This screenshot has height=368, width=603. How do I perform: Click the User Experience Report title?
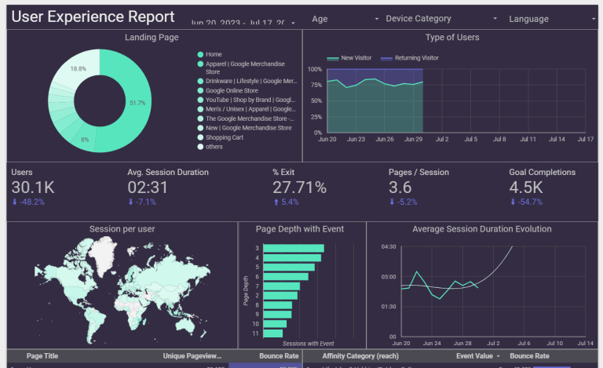(93, 16)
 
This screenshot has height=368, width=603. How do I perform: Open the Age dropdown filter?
(345, 19)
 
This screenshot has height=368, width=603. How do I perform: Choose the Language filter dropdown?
(550, 19)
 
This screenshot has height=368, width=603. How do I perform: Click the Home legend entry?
(214, 54)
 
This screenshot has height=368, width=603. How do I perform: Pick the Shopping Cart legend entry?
(225, 137)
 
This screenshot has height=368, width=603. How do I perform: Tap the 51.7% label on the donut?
(137, 103)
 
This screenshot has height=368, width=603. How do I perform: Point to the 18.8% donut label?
(79, 68)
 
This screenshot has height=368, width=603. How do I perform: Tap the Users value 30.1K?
(32, 187)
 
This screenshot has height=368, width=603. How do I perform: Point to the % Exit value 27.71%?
(299, 187)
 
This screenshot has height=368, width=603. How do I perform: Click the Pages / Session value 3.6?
(400, 187)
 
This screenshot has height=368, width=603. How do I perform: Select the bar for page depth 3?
(292, 248)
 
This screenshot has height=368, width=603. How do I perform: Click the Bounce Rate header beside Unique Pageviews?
(278, 356)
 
